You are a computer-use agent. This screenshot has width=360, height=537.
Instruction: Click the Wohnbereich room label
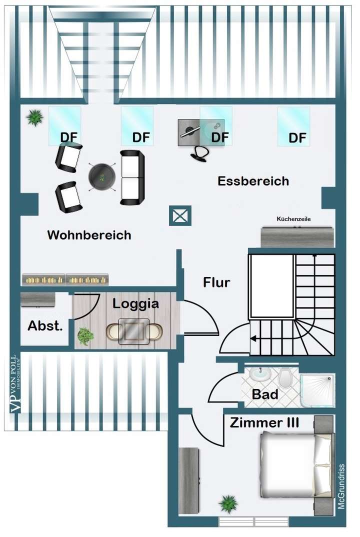pos(89,235)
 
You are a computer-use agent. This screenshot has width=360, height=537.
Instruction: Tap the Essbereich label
pos(253,181)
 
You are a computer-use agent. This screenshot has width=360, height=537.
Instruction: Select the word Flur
pos(216,282)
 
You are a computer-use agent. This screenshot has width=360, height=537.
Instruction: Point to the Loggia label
pos(135,303)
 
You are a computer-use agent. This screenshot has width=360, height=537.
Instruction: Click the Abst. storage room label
pos(45,326)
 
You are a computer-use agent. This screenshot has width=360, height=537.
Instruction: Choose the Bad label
pos(265,394)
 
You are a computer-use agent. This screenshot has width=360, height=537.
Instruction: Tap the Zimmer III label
pos(264,423)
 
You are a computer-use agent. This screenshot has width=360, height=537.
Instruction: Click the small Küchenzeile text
pos(297,219)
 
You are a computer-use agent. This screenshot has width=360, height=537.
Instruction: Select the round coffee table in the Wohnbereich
pos(102,176)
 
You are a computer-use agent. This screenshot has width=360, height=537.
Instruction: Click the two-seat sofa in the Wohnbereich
pos(132,177)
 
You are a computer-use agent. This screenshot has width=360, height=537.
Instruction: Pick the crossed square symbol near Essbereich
pos(179,216)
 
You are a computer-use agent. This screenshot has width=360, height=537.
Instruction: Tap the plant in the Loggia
pos(85,336)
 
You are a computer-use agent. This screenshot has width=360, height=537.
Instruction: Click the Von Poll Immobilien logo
pos(13,384)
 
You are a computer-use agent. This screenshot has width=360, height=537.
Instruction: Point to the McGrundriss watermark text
pos(341,486)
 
